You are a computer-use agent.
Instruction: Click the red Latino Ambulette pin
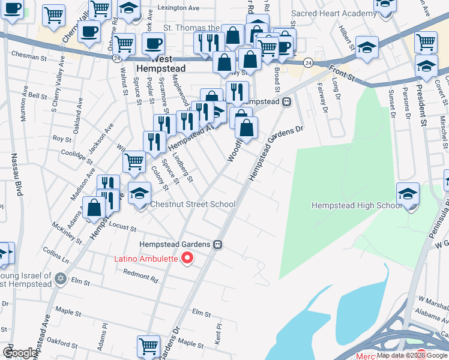click(187, 259)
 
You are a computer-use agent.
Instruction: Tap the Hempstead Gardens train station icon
click(219, 244)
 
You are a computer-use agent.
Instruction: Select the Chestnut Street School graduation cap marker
click(139, 194)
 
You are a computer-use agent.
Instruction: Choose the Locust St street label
click(123, 227)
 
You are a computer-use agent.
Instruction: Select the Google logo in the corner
click(20, 353)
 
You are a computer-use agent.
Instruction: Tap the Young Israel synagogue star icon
click(60, 279)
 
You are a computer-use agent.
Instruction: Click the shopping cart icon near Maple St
click(148, 346)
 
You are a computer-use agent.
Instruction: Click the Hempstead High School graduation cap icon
click(407, 194)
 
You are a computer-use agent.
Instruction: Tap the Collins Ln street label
click(56, 254)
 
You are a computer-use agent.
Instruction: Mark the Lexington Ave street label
click(178, 8)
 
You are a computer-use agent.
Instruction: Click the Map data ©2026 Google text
click(412, 356)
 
